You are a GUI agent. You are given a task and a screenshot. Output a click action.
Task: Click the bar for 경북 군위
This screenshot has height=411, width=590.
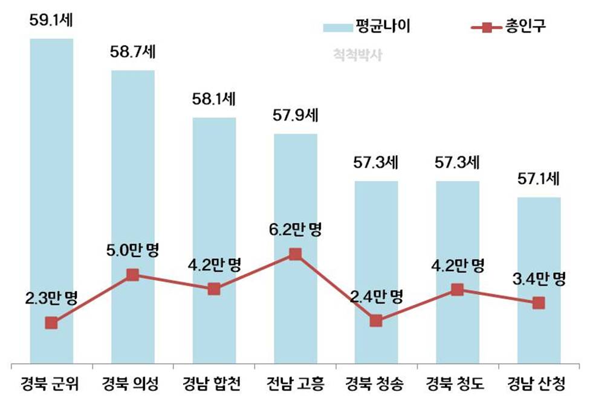[x=51, y=181]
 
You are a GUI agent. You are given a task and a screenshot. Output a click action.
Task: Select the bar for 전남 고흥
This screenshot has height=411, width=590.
[x=296, y=193]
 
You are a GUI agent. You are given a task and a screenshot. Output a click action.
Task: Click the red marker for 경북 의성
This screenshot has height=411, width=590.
[x=133, y=275]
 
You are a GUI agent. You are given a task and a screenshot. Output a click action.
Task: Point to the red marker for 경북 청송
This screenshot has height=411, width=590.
[x=376, y=320]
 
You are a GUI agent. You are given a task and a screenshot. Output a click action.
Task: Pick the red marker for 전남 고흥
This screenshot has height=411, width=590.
[x=296, y=254]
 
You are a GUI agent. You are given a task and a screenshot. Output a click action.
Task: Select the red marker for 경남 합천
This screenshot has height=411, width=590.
[x=214, y=289]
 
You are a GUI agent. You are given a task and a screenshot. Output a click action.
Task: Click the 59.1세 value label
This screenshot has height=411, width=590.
[x=52, y=20]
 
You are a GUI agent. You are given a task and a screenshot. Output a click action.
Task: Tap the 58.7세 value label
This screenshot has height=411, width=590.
[x=133, y=53]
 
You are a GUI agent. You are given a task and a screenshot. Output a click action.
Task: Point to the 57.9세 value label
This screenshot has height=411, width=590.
[x=296, y=115]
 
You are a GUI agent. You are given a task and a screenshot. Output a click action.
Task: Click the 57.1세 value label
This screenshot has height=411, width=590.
[x=539, y=179]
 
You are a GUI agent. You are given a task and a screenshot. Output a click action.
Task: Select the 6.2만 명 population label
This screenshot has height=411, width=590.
[x=296, y=230]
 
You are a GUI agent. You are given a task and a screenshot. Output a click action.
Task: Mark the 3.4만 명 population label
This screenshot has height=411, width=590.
[x=539, y=279]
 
